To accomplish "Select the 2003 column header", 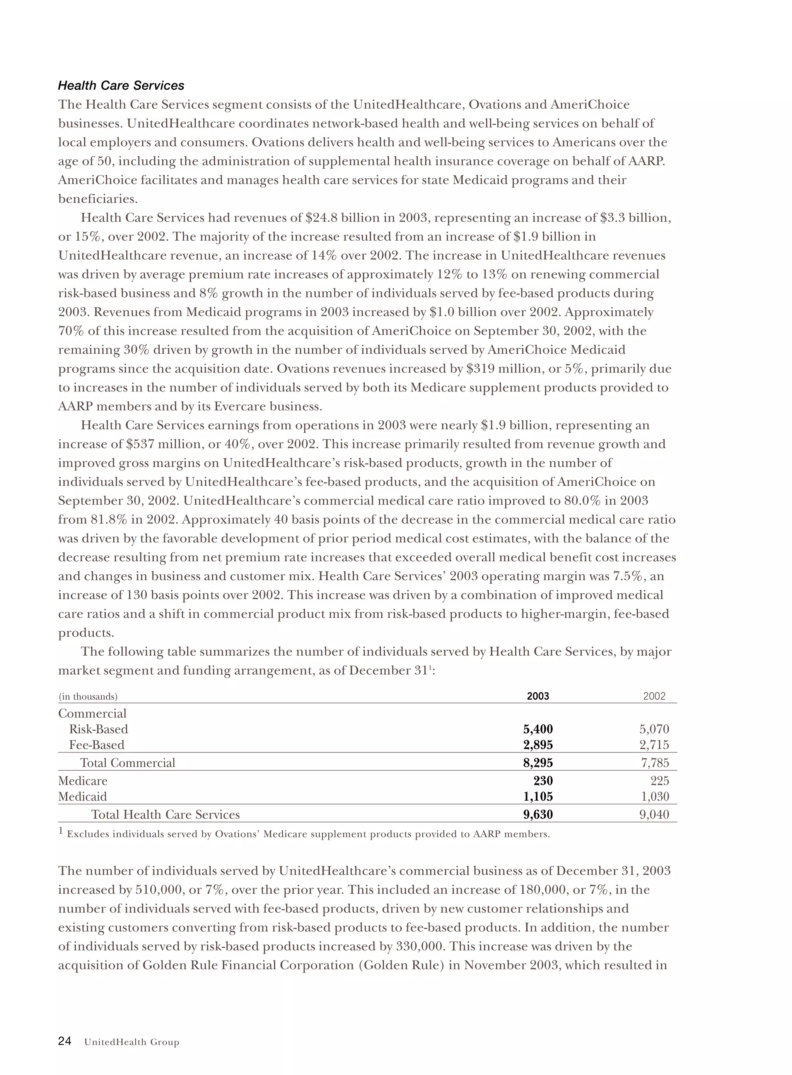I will coord(538,696).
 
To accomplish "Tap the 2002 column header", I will coord(654,696).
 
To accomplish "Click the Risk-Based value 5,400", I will coord(538,729).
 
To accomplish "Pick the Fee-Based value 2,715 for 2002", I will coord(654,745).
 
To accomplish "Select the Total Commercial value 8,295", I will coord(538,763).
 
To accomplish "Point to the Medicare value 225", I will coord(659,781).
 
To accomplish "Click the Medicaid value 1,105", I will coord(538,796).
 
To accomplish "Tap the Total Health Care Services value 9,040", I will coord(654,814).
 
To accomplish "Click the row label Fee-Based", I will coord(96,745).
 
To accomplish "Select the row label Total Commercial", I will coord(128,763).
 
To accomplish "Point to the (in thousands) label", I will coord(88,696).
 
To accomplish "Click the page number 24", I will coord(65,1041).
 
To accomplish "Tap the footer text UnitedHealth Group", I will coord(131,1042).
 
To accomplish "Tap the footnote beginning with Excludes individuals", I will coord(308,834).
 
